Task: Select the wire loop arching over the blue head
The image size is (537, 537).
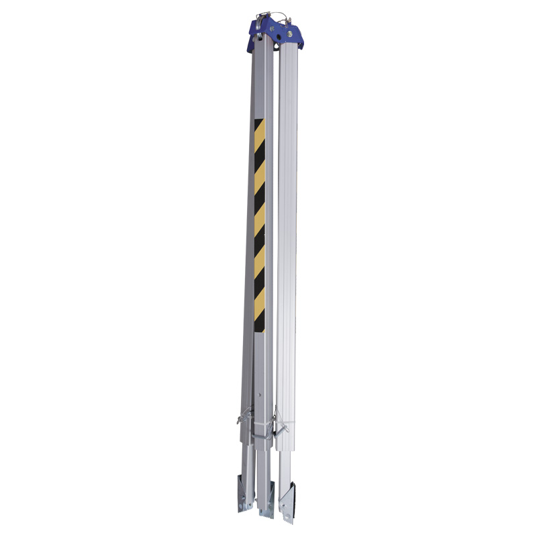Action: (x=268, y=14)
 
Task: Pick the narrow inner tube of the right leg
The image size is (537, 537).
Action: (x=285, y=463)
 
